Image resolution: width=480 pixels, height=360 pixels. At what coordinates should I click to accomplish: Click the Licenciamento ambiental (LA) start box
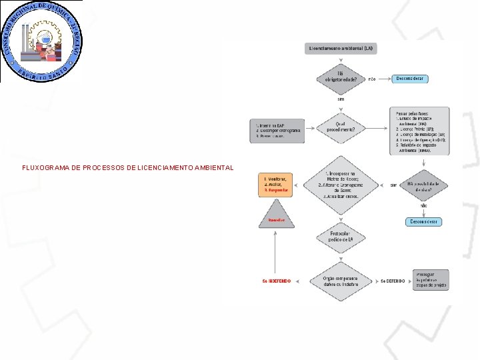pyautogui.click(x=340, y=48)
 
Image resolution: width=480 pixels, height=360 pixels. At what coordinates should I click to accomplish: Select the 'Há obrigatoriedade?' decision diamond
pyautogui.click(x=341, y=79)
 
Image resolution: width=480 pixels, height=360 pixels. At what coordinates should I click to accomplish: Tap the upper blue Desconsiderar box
pyautogui.click(x=410, y=79)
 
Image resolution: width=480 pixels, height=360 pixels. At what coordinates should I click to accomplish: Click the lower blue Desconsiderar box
pyautogui.click(x=423, y=221)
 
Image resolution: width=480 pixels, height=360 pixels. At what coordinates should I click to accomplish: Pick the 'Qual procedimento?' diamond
pyautogui.click(x=341, y=127)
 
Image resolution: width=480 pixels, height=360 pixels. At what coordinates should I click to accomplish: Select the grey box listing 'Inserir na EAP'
pyautogui.click(x=277, y=131)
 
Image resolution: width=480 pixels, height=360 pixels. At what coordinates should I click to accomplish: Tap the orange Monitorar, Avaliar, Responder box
pyautogui.click(x=276, y=185)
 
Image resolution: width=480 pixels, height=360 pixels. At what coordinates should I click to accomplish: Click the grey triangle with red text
pyautogui.click(x=276, y=217)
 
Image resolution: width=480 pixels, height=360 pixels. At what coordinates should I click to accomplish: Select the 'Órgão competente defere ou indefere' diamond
pyautogui.click(x=341, y=281)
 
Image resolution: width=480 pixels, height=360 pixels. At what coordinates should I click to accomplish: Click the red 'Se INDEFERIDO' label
pyautogui.click(x=276, y=281)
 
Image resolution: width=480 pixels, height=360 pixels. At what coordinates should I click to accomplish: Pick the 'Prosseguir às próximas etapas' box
pyautogui.click(x=431, y=280)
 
